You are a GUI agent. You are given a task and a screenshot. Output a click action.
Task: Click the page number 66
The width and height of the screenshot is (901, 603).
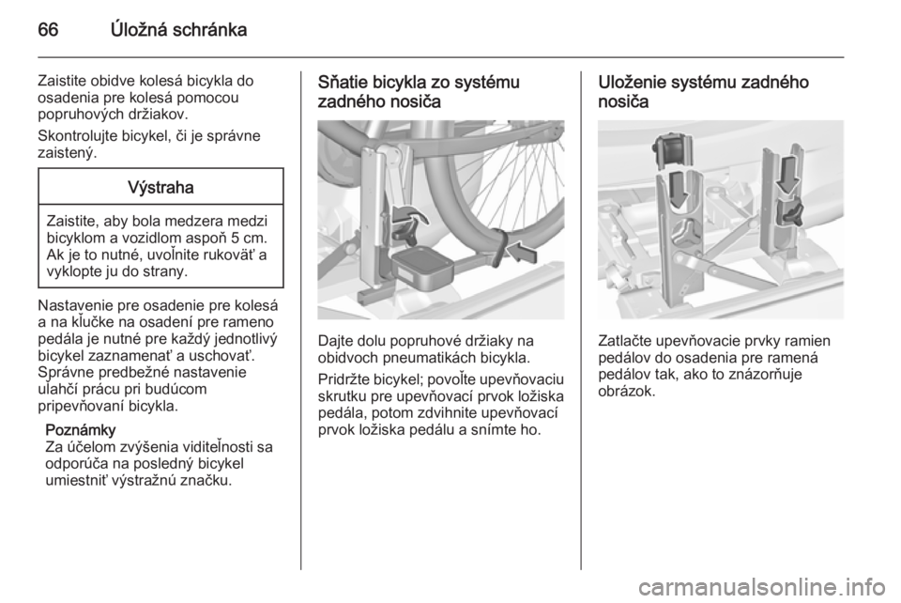click(x=48, y=30)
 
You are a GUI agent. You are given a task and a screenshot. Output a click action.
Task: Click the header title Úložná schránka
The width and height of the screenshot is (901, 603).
click(x=179, y=30)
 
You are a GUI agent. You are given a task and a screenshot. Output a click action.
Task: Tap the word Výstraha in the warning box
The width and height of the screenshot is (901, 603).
click(x=160, y=188)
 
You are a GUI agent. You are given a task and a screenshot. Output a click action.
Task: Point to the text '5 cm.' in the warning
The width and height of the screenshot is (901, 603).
click(x=250, y=238)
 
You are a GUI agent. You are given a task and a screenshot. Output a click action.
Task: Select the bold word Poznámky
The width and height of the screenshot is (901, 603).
click(x=81, y=430)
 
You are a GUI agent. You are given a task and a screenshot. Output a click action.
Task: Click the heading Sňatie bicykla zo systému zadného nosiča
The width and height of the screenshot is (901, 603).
click(x=419, y=92)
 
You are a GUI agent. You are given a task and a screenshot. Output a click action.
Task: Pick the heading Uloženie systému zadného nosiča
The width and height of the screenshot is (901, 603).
click(x=703, y=92)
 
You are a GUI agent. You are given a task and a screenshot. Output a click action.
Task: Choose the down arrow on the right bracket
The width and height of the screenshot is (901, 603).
click(x=786, y=175)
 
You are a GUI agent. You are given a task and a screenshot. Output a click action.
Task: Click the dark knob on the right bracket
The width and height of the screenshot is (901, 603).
click(x=789, y=212)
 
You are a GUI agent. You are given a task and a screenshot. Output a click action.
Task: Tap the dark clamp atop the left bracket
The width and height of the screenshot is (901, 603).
click(x=672, y=147)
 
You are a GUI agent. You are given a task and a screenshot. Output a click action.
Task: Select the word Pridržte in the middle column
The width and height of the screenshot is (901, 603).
click(x=344, y=380)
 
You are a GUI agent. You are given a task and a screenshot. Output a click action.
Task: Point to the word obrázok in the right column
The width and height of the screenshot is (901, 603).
click(x=626, y=392)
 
